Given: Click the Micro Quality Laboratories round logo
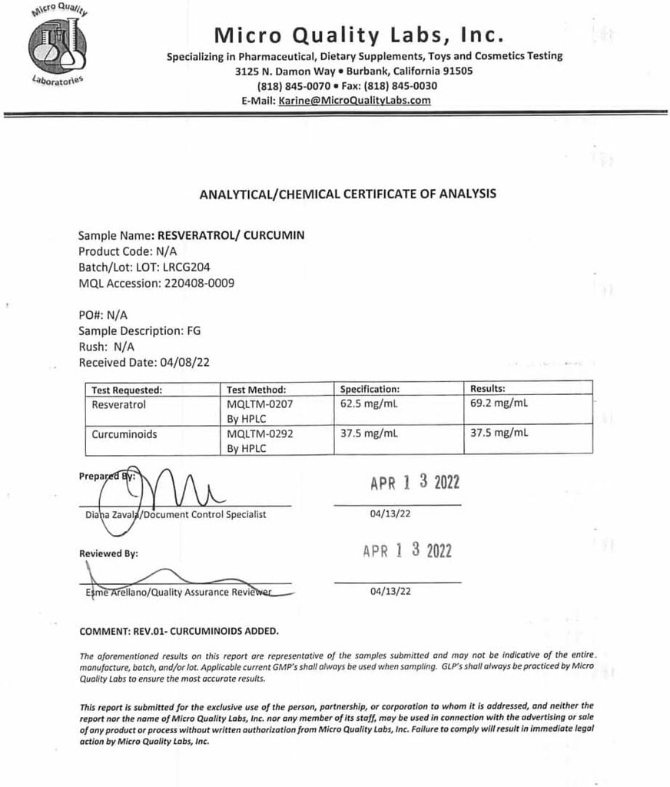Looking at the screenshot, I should point(58,45).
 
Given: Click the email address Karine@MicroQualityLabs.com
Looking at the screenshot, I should point(354,100).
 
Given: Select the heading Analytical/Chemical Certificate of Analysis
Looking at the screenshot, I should point(347,194).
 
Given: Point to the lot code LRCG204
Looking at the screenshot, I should point(187,267).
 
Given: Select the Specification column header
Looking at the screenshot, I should point(370,389).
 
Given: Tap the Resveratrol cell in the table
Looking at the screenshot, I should point(118,403).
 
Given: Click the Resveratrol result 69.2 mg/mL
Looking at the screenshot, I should point(499,402).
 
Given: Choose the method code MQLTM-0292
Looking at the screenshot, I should point(260,434).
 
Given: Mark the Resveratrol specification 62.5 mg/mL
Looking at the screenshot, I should point(369,402).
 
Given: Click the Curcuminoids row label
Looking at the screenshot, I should point(124,434).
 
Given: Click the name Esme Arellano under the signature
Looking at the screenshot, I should point(116,593).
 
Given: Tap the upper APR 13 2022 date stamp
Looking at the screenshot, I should point(414,483).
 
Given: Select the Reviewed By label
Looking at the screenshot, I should point(109,553).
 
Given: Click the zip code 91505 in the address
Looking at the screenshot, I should point(457,71).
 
